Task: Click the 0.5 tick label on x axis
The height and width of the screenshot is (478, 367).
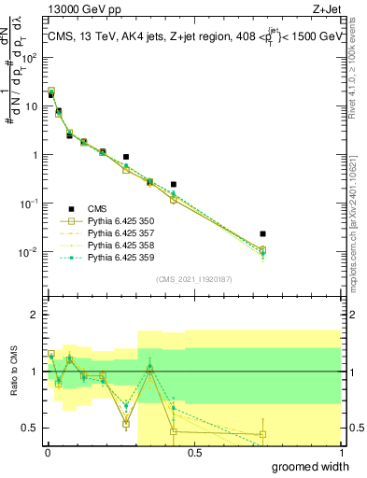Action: [x=194, y=453]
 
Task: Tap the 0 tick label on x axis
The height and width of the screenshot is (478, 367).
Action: [x=47, y=453]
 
